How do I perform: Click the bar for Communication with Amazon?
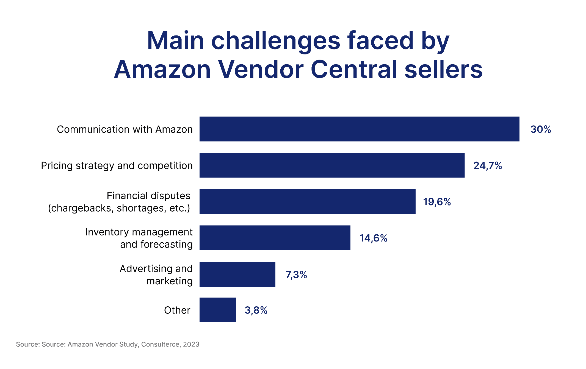(x=359, y=129)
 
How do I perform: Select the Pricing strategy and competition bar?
(x=332, y=165)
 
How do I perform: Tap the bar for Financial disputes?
(x=307, y=201)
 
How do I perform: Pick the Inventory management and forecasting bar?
(x=275, y=238)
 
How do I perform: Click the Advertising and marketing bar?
(x=237, y=274)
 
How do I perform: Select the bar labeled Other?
(x=217, y=310)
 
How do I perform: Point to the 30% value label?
(x=540, y=129)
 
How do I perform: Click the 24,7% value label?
(x=488, y=165)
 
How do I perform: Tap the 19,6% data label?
(x=437, y=202)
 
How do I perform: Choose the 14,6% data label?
(x=373, y=238)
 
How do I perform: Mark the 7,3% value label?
(x=296, y=274)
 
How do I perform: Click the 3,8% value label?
(x=256, y=310)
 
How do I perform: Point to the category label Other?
(x=177, y=310)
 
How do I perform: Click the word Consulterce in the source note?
(x=160, y=344)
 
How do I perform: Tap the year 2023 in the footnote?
(x=191, y=344)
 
